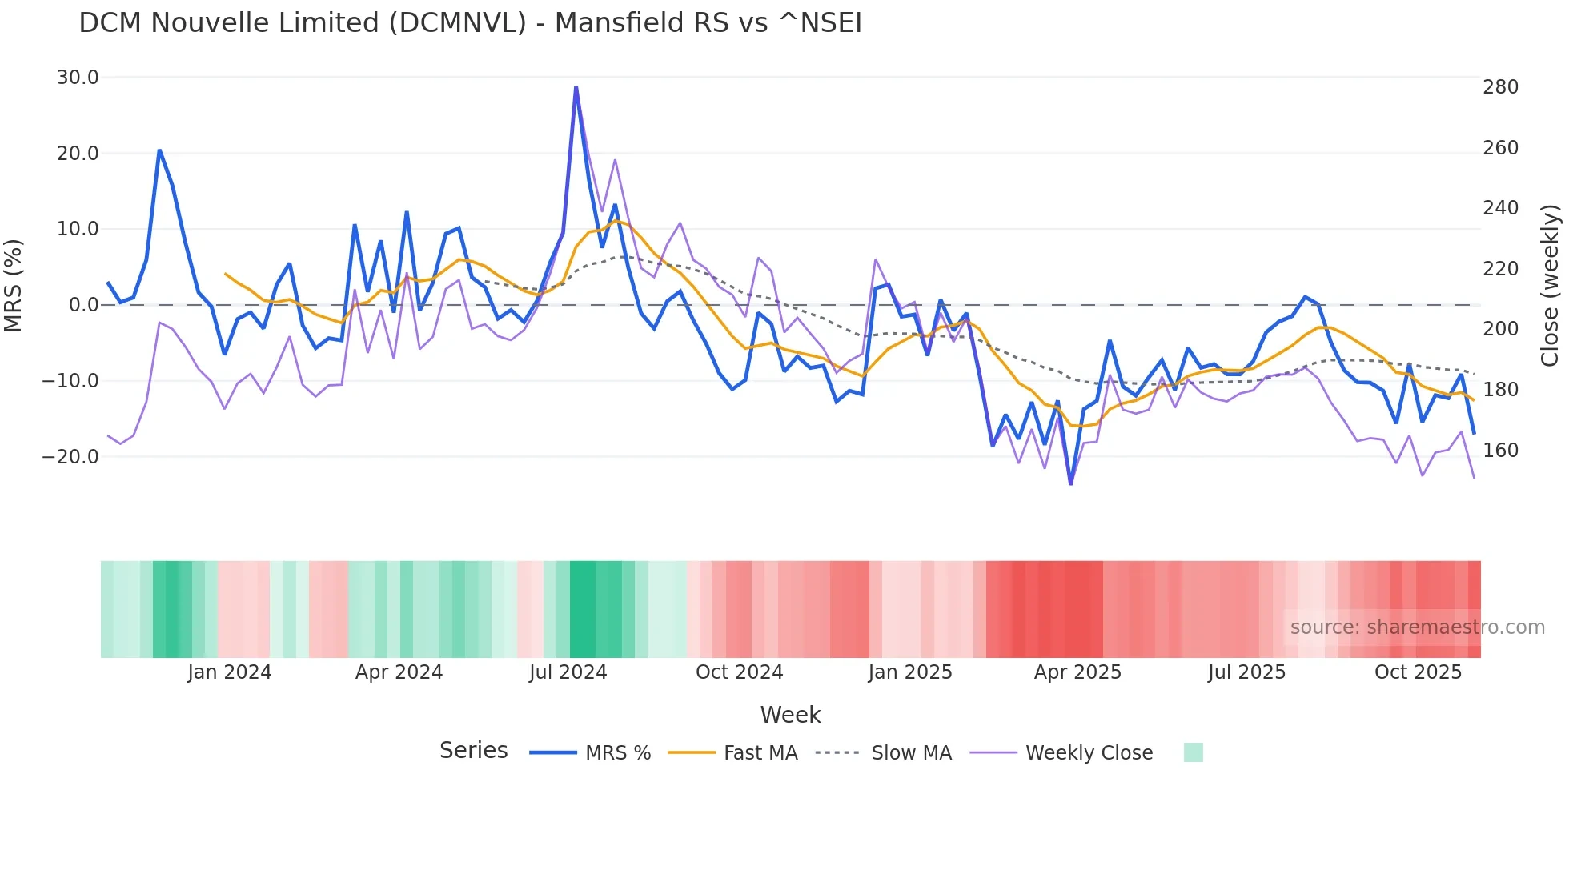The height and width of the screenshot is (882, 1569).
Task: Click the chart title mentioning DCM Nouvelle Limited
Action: coord(470,23)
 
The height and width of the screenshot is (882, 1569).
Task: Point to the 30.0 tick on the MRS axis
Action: coord(78,78)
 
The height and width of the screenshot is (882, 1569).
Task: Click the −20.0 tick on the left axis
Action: coord(70,457)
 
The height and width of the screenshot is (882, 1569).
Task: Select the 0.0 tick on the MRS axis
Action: coord(83,305)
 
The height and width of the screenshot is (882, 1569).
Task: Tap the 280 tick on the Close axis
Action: coord(1500,87)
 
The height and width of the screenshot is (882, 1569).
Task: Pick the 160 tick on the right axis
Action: coord(1500,451)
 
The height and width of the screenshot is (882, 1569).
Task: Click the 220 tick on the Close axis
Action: coord(1500,269)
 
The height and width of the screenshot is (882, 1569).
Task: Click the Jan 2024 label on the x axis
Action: coord(230,672)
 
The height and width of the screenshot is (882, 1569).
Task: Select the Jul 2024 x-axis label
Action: coord(568,672)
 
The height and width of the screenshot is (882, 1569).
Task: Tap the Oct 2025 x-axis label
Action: coord(1418,672)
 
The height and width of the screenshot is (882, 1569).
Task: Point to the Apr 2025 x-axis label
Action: coord(1077,672)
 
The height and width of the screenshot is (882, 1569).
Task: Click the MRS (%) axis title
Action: coord(14,286)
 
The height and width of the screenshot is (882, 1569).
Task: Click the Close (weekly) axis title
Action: coord(1551,286)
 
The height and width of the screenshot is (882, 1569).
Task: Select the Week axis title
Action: coord(790,715)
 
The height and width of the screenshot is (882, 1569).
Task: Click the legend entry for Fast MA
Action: coord(760,753)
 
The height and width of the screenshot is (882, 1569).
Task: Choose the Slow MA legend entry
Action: coord(911,753)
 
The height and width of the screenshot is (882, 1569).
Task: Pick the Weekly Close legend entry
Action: coord(1089,753)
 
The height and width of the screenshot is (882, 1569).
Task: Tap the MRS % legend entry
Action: coord(617,753)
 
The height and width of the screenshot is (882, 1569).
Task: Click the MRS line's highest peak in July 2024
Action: coord(576,87)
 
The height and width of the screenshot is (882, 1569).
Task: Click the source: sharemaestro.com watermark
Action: coord(1417,627)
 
